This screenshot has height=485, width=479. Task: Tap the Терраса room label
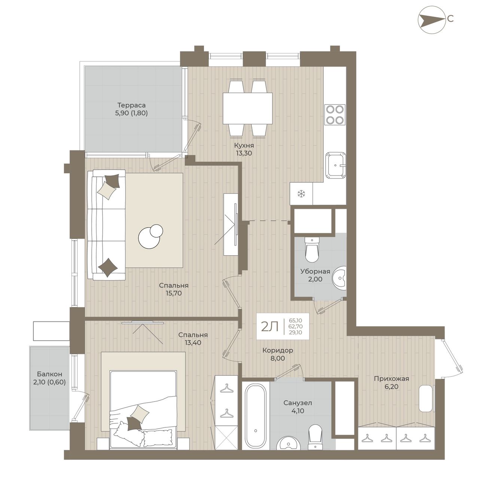tap(131, 105)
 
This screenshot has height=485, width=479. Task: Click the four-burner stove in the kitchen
tap(335, 115)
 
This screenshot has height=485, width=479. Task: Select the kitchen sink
tap(336, 165)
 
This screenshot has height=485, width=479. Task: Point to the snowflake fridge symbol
tap(301, 193)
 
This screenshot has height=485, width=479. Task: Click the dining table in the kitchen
tap(248, 109)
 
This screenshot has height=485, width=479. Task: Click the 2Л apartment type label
tap(270, 327)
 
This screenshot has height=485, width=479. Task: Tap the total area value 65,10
tap(296, 320)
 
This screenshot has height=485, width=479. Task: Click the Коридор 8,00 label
tap(278, 354)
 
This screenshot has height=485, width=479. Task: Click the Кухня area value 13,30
tap(244, 153)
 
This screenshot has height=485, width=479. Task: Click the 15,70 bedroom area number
tap(174, 293)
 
